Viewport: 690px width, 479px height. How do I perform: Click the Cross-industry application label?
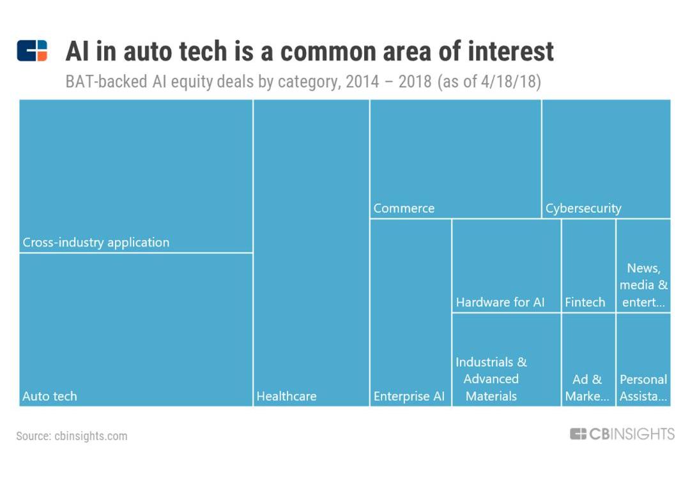tap(96, 243)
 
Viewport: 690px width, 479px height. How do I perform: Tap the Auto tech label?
tap(50, 397)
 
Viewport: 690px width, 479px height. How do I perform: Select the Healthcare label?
tap(286, 397)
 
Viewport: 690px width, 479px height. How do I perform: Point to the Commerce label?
tap(404, 209)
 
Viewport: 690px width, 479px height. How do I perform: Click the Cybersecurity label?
tap(583, 209)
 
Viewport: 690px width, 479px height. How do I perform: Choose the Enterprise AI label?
tap(409, 397)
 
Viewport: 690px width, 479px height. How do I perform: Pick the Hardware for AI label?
tap(500, 303)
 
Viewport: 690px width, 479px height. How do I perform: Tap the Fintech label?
tap(585, 303)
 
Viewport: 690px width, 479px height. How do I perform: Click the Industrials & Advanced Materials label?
tap(491, 379)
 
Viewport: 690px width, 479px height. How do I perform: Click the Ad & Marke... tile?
tap(587, 388)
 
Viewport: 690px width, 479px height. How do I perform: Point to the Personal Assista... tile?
tap(643, 388)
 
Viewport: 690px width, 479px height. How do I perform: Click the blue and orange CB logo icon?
tap(32, 50)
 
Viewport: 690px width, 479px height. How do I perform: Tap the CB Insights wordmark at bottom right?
tap(622, 434)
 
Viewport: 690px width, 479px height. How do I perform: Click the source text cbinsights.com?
tap(72, 436)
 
